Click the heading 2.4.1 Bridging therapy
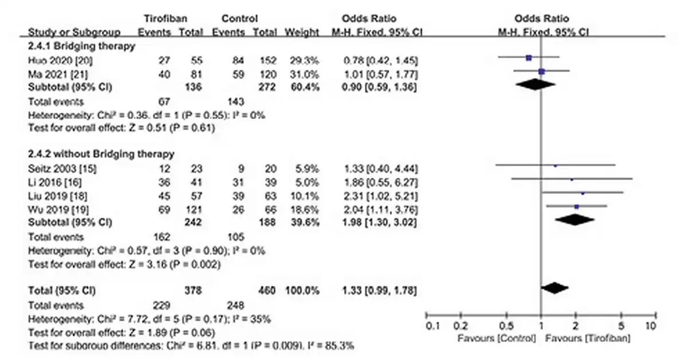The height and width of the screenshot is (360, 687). [x=81, y=46]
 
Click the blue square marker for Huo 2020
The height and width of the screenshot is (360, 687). [x=528, y=57]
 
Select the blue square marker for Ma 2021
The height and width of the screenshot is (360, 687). [x=542, y=71]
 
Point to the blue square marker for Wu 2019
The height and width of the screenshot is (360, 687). [x=577, y=206]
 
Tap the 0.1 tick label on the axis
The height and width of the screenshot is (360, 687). [x=434, y=327]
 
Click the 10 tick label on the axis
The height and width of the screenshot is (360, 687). [x=650, y=327]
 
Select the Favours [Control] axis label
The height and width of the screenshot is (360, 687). [x=497, y=338]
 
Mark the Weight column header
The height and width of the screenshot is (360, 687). [x=302, y=32]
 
